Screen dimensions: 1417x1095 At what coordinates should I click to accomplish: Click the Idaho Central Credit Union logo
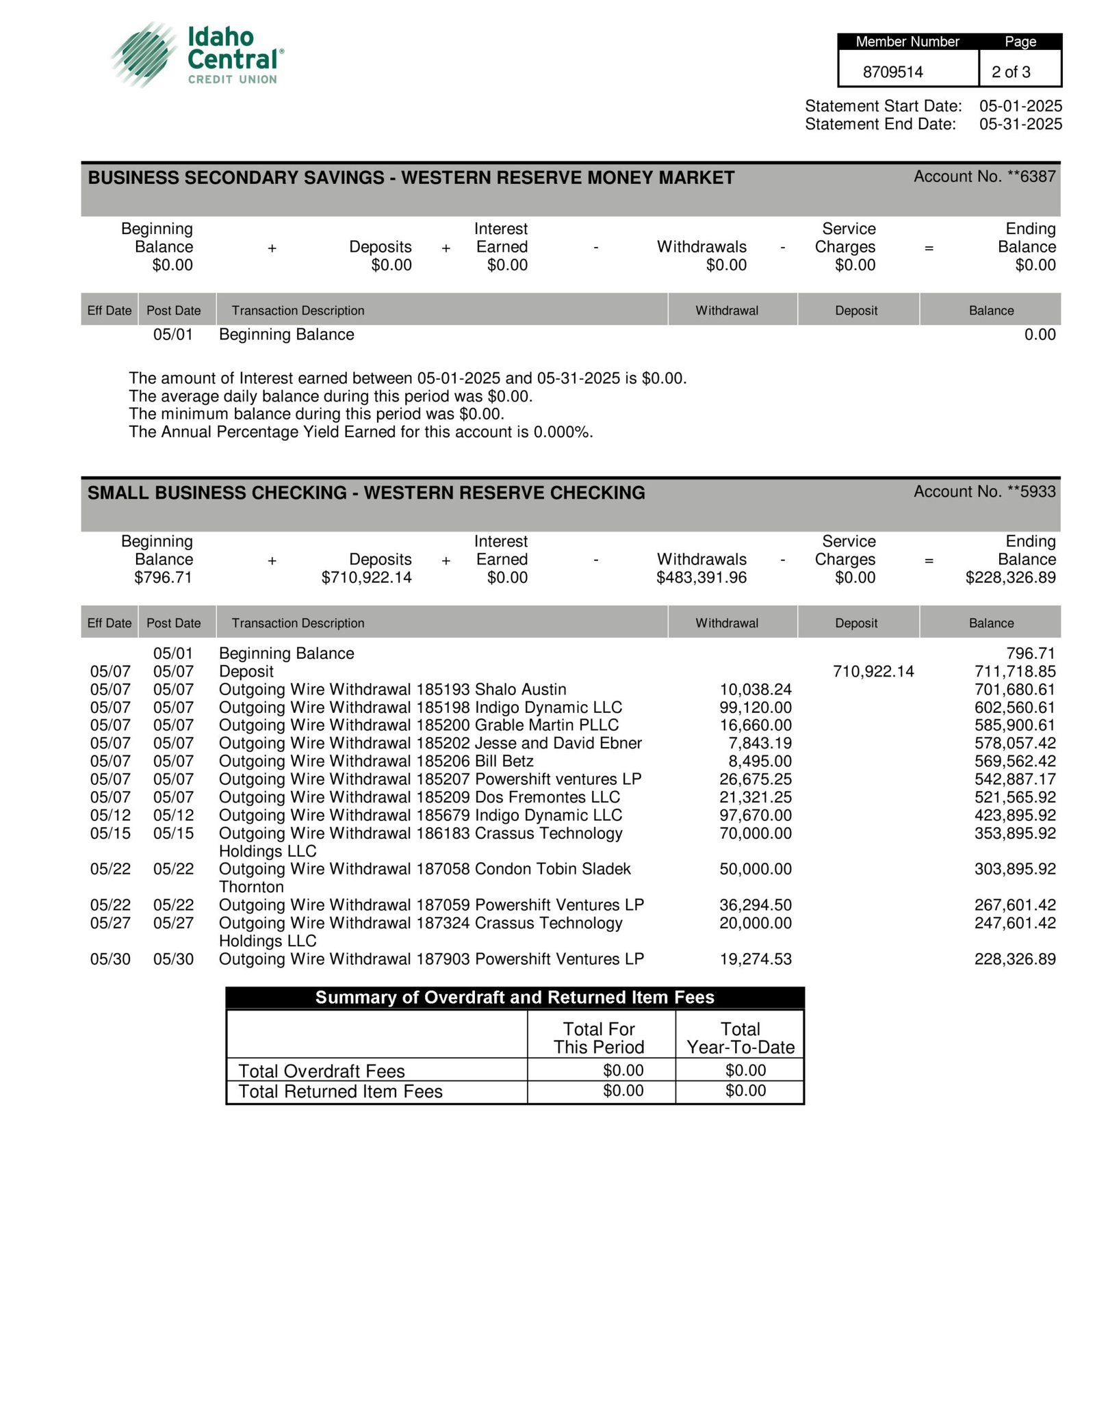tap(197, 55)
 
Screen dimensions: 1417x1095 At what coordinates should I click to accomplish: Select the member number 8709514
tap(892, 72)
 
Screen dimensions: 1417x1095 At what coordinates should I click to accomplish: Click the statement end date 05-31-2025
tap(1020, 124)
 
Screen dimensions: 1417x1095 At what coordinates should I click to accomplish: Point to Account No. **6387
tap(984, 177)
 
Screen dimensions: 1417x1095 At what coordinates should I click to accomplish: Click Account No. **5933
tap(984, 491)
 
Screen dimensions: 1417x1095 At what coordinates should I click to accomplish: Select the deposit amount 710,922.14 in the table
tap(873, 671)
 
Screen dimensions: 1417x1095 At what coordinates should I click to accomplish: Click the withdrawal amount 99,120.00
tap(755, 707)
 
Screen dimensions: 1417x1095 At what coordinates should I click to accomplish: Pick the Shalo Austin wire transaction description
tap(392, 689)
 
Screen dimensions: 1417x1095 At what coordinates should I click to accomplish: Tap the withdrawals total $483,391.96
tap(701, 577)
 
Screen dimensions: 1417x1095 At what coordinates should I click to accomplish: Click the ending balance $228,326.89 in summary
tap(1010, 577)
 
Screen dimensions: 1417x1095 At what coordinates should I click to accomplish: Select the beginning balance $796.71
tap(163, 577)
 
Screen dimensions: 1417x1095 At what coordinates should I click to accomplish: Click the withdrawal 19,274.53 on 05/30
tap(755, 959)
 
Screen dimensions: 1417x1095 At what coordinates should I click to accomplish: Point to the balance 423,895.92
tap(1014, 815)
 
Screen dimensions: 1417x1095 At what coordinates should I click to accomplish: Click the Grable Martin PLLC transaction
tap(418, 725)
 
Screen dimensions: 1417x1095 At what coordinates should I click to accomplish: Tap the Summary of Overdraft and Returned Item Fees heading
tap(515, 997)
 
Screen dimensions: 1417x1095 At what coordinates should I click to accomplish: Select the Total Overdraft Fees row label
tap(322, 1071)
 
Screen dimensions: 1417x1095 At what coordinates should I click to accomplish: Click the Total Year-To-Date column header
tap(740, 1038)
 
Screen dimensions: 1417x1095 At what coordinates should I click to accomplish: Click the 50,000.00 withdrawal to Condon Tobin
tap(755, 869)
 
